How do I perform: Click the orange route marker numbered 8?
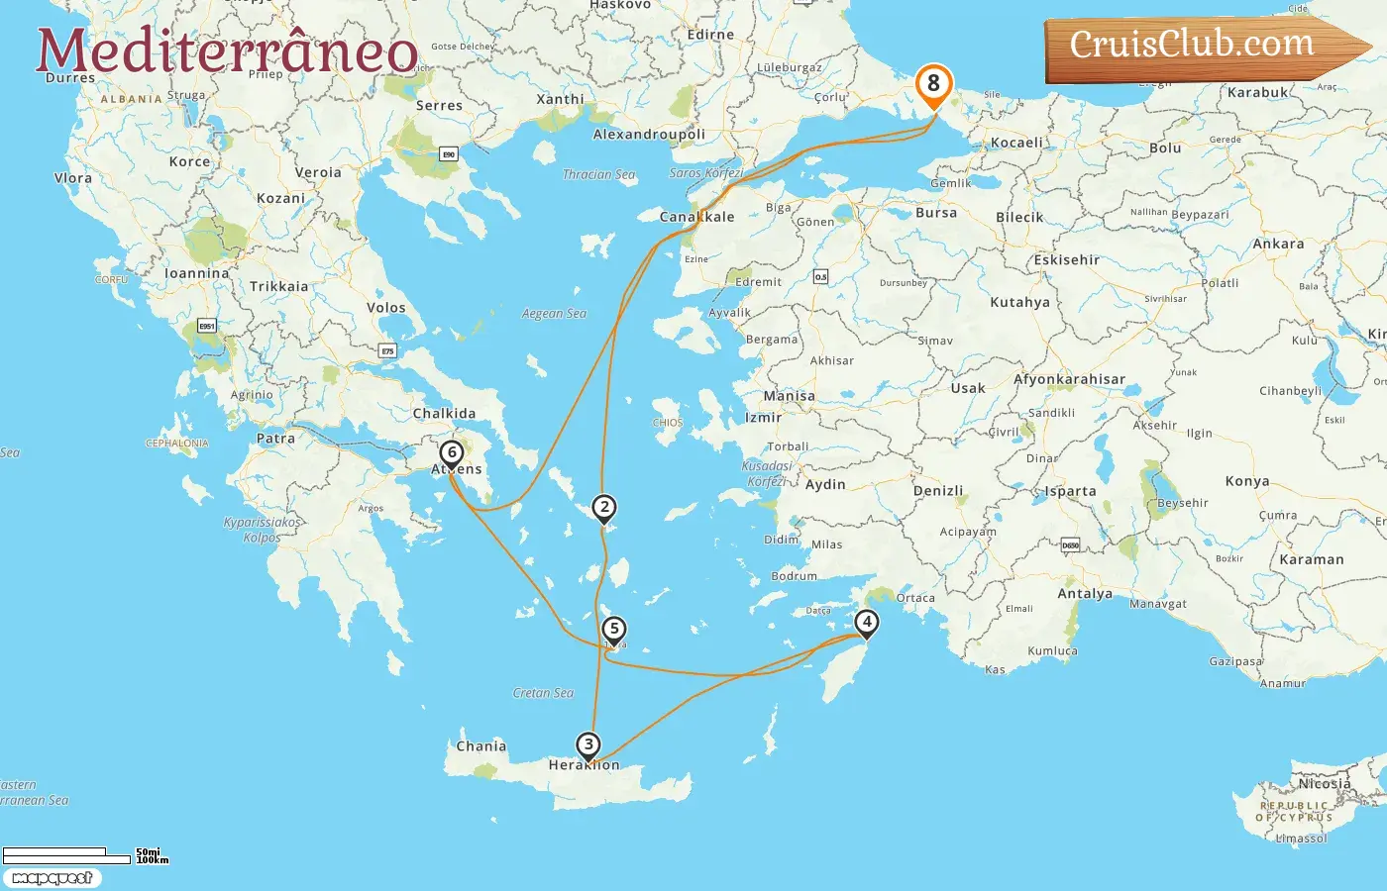point(933,84)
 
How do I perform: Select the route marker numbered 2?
point(604,507)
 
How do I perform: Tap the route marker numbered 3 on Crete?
point(588,744)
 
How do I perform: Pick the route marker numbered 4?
point(867,623)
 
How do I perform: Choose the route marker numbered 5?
point(614,629)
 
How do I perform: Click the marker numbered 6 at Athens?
point(452,453)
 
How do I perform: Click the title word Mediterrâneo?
point(227,51)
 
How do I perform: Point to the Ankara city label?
point(1278,244)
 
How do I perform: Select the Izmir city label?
point(763,418)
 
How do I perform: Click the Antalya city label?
point(1085,594)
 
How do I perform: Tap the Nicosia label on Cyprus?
point(1325,784)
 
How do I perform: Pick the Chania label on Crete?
point(480,746)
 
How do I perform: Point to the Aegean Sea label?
point(554,314)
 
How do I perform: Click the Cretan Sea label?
point(543,693)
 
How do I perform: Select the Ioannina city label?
point(196,273)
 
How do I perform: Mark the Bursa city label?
point(936,213)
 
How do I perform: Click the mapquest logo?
point(52,878)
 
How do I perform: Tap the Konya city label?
point(1247,481)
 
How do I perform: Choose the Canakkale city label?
point(697,217)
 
